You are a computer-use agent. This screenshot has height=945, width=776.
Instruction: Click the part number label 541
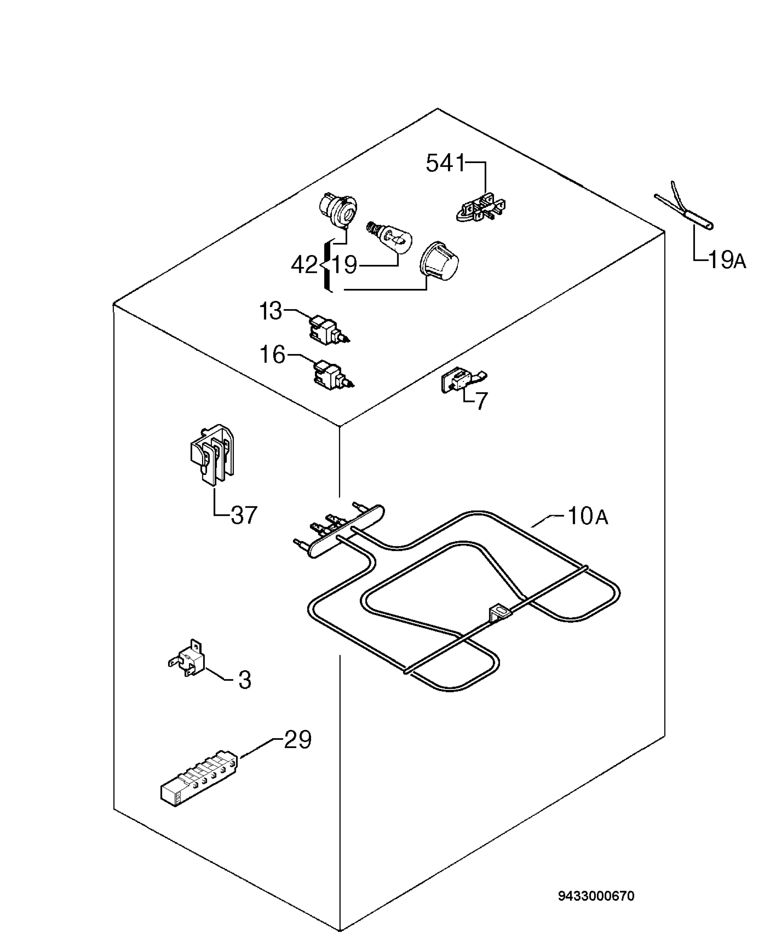[446, 163]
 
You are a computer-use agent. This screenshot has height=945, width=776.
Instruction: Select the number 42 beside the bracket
[304, 265]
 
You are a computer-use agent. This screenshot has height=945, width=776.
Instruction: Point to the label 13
[271, 311]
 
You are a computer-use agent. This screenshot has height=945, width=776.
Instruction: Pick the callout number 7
[481, 401]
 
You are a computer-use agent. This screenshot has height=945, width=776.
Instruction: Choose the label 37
[244, 515]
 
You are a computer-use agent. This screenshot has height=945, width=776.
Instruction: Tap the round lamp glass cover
[439, 262]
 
